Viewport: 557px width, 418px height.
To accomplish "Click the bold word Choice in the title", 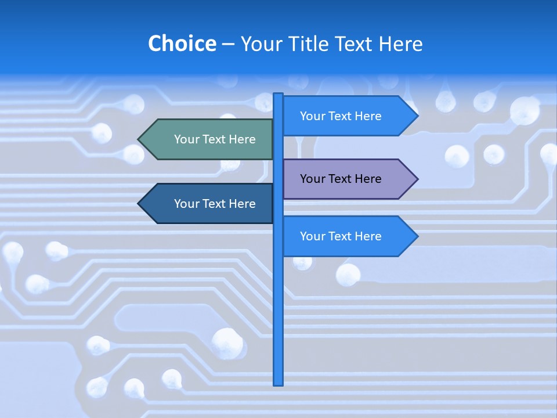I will [182, 44].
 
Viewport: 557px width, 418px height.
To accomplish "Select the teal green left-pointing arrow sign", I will [209, 139].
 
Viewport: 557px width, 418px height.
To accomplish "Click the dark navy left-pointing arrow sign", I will [209, 204].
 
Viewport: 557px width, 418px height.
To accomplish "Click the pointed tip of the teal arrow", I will [139, 139].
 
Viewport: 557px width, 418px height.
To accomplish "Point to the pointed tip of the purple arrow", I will [417, 179].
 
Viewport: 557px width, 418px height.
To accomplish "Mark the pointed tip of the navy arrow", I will [139, 204].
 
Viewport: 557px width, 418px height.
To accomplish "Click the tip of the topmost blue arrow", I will [417, 116].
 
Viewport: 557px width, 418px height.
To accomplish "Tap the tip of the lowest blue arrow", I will [417, 236].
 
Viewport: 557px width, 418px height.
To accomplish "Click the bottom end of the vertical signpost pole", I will [278, 383].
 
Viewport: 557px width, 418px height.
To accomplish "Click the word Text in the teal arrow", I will [215, 139].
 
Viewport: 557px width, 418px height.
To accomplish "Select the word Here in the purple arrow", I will [368, 179].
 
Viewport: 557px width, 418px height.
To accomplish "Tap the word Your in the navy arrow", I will [187, 204].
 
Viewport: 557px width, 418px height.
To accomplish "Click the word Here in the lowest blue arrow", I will [368, 236].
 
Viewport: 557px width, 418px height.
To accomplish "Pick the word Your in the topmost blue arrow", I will [313, 116].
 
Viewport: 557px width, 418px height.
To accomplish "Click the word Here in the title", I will [400, 44].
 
